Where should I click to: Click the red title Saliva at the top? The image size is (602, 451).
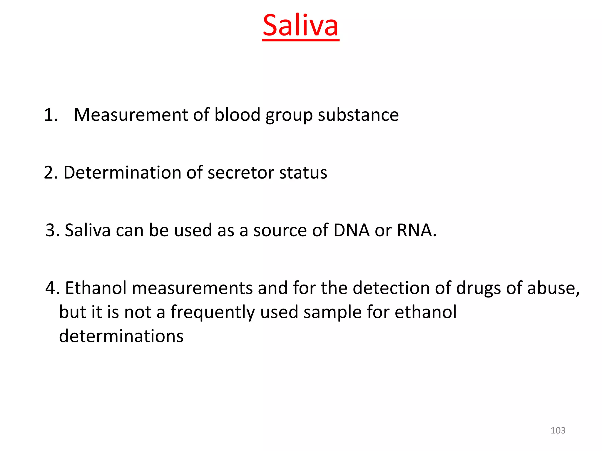pyautogui.click(x=300, y=26)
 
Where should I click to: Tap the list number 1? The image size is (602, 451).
pyautogui.click(x=50, y=115)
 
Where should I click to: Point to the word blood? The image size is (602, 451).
pyautogui.click(x=237, y=115)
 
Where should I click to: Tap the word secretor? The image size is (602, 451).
pyautogui.click(x=241, y=172)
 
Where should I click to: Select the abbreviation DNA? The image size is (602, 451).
pyautogui.click(x=351, y=230)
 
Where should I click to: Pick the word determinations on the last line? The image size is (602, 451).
pyautogui.click(x=121, y=336)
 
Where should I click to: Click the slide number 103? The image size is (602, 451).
pyautogui.click(x=558, y=430)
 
